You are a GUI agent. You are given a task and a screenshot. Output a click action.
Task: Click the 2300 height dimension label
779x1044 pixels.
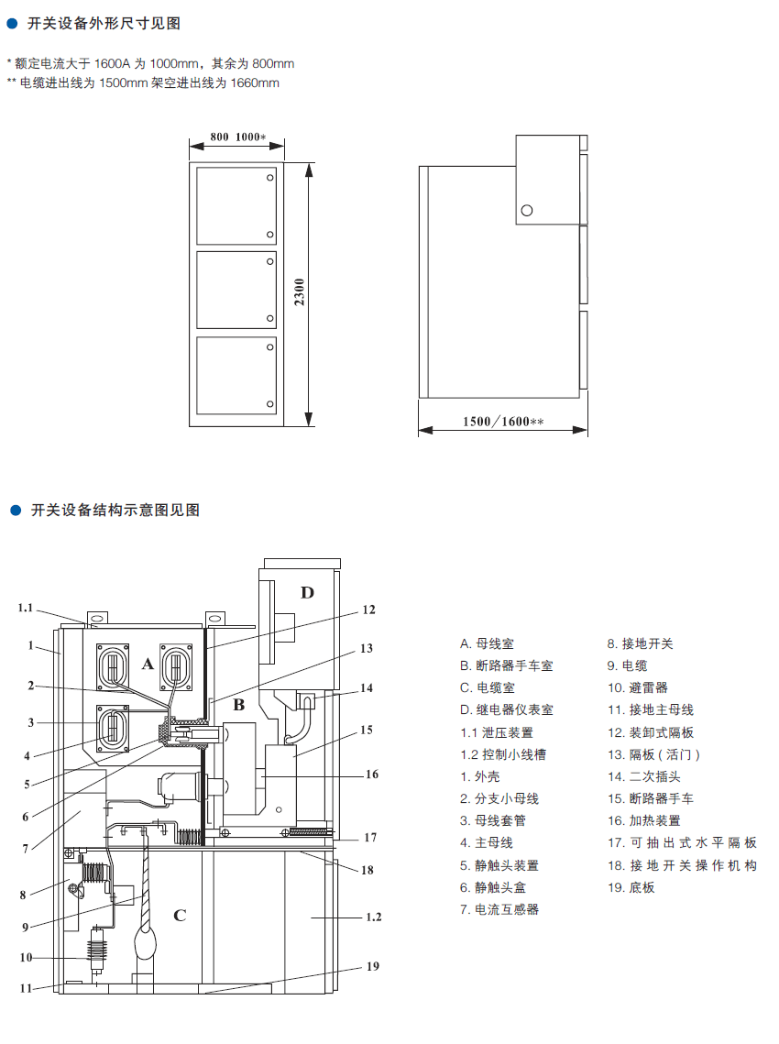click(x=300, y=292)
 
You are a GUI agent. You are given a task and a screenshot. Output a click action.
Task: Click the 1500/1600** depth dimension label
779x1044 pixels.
click(x=503, y=422)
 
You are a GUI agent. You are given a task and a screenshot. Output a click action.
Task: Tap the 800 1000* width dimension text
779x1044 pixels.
click(x=237, y=137)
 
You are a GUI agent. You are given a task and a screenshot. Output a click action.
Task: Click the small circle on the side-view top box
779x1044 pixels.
click(x=527, y=211)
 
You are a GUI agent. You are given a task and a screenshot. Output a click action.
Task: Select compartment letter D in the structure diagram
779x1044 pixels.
click(x=307, y=592)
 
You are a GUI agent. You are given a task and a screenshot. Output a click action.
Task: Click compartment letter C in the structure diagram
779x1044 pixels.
click(x=180, y=916)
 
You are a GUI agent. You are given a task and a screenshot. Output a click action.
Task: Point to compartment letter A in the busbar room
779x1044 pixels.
click(x=148, y=664)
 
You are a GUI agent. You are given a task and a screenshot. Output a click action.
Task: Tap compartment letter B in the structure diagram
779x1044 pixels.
click(x=238, y=705)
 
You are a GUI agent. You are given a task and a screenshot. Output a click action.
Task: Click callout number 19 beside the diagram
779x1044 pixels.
click(x=373, y=966)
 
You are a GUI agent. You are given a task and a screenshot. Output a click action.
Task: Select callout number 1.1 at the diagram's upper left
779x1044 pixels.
click(x=26, y=608)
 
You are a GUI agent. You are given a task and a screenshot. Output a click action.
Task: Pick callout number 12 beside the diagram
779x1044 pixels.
click(x=368, y=610)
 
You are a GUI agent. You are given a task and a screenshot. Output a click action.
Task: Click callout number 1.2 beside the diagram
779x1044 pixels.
click(x=374, y=917)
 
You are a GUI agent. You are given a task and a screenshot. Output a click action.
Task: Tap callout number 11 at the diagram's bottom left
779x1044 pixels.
click(x=26, y=988)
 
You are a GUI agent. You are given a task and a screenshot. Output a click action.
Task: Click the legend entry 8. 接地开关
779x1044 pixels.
click(x=640, y=643)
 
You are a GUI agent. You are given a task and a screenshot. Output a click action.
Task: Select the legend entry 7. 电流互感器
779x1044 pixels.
click(x=499, y=909)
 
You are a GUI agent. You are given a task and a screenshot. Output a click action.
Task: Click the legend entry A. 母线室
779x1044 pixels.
click(x=487, y=643)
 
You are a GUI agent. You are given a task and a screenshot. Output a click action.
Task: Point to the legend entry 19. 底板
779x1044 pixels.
click(x=631, y=887)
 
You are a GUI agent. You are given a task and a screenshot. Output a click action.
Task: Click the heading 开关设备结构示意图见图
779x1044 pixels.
click(x=115, y=510)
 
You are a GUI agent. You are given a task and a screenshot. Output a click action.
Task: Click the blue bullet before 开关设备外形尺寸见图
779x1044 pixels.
click(x=11, y=24)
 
